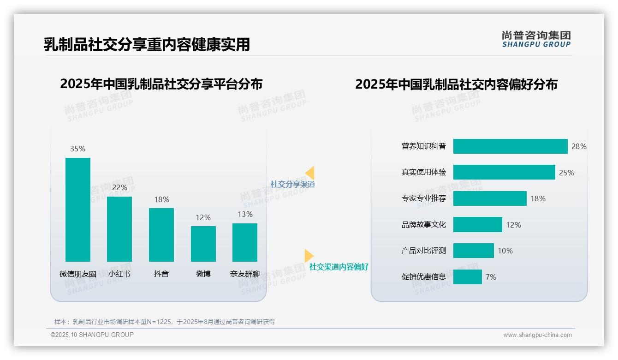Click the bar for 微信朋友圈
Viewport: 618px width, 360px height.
click(x=78, y=210)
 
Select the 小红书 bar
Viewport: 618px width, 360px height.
click(x=119, y=229)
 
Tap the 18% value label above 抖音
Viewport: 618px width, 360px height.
click(x=161, y=199)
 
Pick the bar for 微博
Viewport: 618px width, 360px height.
click(x=203, y=244)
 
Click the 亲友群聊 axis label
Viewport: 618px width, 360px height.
click(x=245, y=274)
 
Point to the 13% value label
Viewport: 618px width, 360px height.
click(x=245, y=214)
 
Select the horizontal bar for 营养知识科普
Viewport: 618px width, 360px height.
click(x=510, y=146)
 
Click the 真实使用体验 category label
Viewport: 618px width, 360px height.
click(x=423, y=172)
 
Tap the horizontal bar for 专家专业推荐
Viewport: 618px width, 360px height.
click(x=490, y=198)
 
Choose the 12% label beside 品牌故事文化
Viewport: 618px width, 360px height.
click(x=513, y=225)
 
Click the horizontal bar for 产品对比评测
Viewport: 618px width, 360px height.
click(x=473, y=251)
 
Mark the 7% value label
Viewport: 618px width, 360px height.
click(x=491, y=277)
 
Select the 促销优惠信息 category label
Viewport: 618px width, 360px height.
click(x=423, y=277)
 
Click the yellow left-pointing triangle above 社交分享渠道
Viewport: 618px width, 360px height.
click(x=310, y=173)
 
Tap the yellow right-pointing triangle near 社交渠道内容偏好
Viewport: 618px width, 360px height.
click(x=309, y=256)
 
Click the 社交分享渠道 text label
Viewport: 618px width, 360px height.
click(x=292, y=184)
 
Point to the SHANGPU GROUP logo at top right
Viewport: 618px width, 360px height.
click(x=536, y=39)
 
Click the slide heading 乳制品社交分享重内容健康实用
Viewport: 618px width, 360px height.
click(x=147, y=44)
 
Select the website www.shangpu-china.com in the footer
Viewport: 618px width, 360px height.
click(x=537, y=335)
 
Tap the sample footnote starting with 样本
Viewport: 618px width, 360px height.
click(x=165, y=322)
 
